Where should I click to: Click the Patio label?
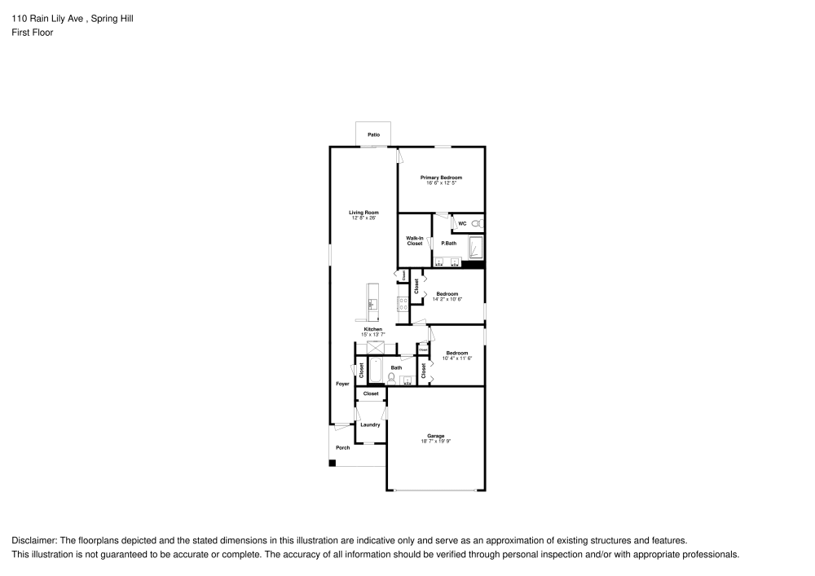pyautogui.click(x=373, y=134)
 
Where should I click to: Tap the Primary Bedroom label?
pyautogui.click(x=441, y=178)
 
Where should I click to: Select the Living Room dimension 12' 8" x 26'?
pyautogui.click(x=363, y=218)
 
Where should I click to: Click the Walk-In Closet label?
pyautogui.click(x=414, y=241)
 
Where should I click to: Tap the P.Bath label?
pyautogui.click(x=448, y=244)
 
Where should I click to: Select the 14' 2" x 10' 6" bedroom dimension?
pyautogui.click(x=447, y=300)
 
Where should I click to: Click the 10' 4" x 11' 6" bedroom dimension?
pyautogui.click(x=457, y=358)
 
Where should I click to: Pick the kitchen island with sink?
pyautogui.click(x=372, y=301)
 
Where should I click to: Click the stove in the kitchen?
pyautogui.click(x=402, y=305)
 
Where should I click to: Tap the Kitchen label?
pyautogui.click(x=372, y=329)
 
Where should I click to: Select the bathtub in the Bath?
pyautogui.click(x=377, y=371)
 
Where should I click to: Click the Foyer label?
pyautogui.click(x=342, y=384)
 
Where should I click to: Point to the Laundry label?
pyautogui.click(x=370, y=424)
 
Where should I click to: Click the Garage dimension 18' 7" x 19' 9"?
pyautogui.click(x=436, y=441)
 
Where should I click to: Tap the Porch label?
pyautogui.click(x=343, y=447)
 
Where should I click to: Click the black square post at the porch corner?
pyautogui.click(x=333, y=464)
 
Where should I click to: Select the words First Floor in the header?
pyautogui.click(x=33, y=33)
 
